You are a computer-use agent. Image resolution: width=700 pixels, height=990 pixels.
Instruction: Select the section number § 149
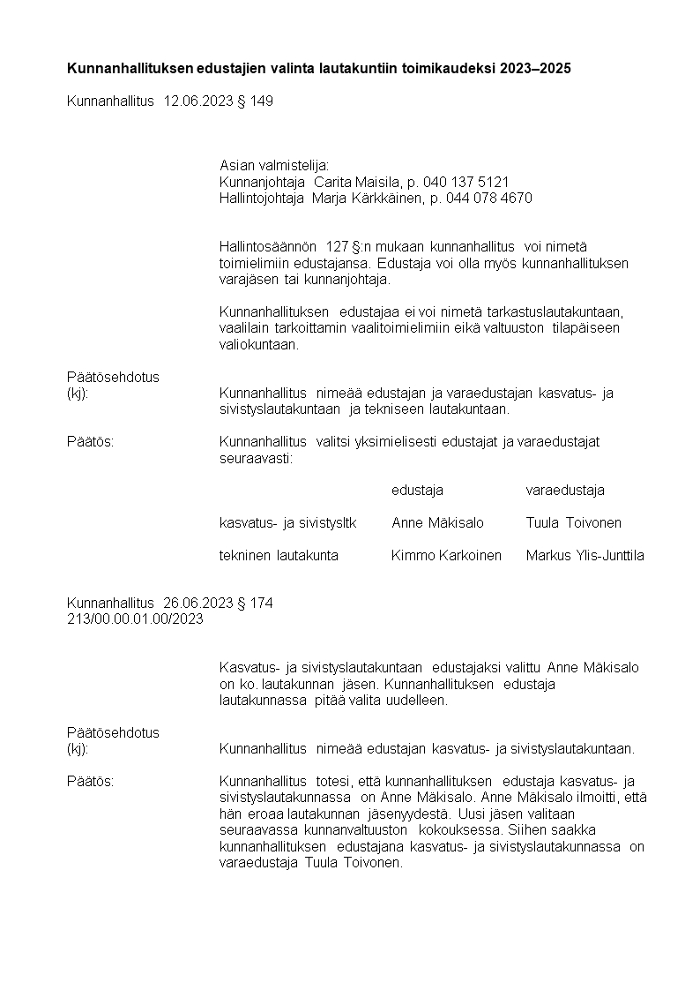(256, 101)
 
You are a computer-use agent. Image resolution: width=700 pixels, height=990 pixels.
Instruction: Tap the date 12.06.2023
(197, 101)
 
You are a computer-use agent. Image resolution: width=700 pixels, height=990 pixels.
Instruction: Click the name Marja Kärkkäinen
(366, 199)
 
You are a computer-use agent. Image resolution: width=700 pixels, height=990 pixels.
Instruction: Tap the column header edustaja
(417, 490)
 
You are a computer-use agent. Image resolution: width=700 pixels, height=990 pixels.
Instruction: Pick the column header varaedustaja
(565, 490)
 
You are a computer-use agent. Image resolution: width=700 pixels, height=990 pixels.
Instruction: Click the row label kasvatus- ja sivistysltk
(287, 522)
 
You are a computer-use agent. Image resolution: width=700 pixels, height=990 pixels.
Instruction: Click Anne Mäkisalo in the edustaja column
(437, 522)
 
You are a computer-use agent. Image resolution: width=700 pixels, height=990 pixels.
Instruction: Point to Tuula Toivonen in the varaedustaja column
(573, 522)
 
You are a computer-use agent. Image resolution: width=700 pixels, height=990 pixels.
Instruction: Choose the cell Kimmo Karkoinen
(446, 555)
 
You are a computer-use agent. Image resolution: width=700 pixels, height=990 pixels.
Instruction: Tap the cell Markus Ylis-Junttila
(585, 555)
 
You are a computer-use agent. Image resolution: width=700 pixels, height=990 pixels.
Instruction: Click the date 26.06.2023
(197, 604)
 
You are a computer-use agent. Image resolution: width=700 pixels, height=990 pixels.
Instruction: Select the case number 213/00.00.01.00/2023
(135, 619)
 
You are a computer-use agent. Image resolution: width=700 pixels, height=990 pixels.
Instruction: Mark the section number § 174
(256, 604)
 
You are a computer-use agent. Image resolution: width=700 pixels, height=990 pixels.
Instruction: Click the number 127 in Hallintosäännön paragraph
(338, 247)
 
